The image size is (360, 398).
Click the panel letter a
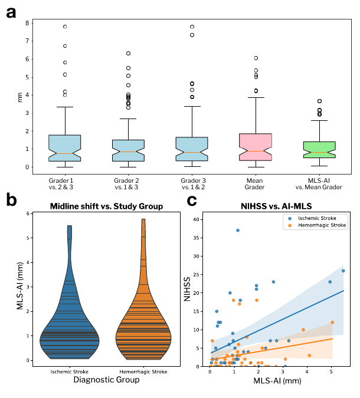(x=11, y=11)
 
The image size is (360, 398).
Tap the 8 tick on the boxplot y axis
(x=27, y=23)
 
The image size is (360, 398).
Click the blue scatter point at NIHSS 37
(x=238, y=230)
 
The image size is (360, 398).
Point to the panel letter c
(x=192, y=200)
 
